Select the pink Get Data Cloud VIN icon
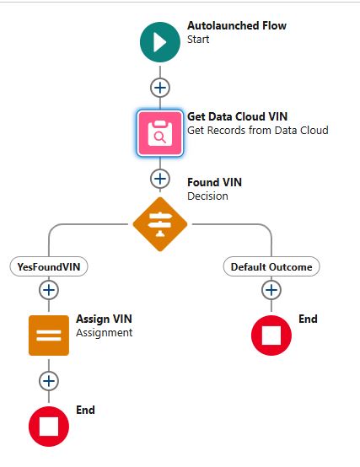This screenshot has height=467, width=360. [x=160, y=132]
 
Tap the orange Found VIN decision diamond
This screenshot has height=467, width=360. [x=160, y=223]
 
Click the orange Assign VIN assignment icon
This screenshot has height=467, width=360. [x=49, y=335]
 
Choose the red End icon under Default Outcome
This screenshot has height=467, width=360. [x=271, y=335]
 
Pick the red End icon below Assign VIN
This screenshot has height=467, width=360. [x=49, y=425]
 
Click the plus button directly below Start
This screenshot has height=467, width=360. [x=160, y=87]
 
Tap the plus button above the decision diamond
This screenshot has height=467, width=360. [x=160, y=178]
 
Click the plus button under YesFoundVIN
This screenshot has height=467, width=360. [x=49, y=290]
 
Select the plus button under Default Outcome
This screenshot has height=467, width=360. [x=271, y=290]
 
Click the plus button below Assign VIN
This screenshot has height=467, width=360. [x=49, y=380]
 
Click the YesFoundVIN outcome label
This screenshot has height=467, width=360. [x=49, y=266]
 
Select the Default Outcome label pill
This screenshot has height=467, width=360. [x=271, y=266]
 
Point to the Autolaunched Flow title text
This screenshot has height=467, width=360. [x=236, y=26]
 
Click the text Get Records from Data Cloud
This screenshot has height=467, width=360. [x=257, y=131]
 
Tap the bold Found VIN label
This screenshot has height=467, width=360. [x=215, y=183]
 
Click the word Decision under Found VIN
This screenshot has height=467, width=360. [x=207, y=196]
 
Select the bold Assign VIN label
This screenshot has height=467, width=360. [x=104, y=319]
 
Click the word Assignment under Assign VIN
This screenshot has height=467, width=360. [x=104, y=333]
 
